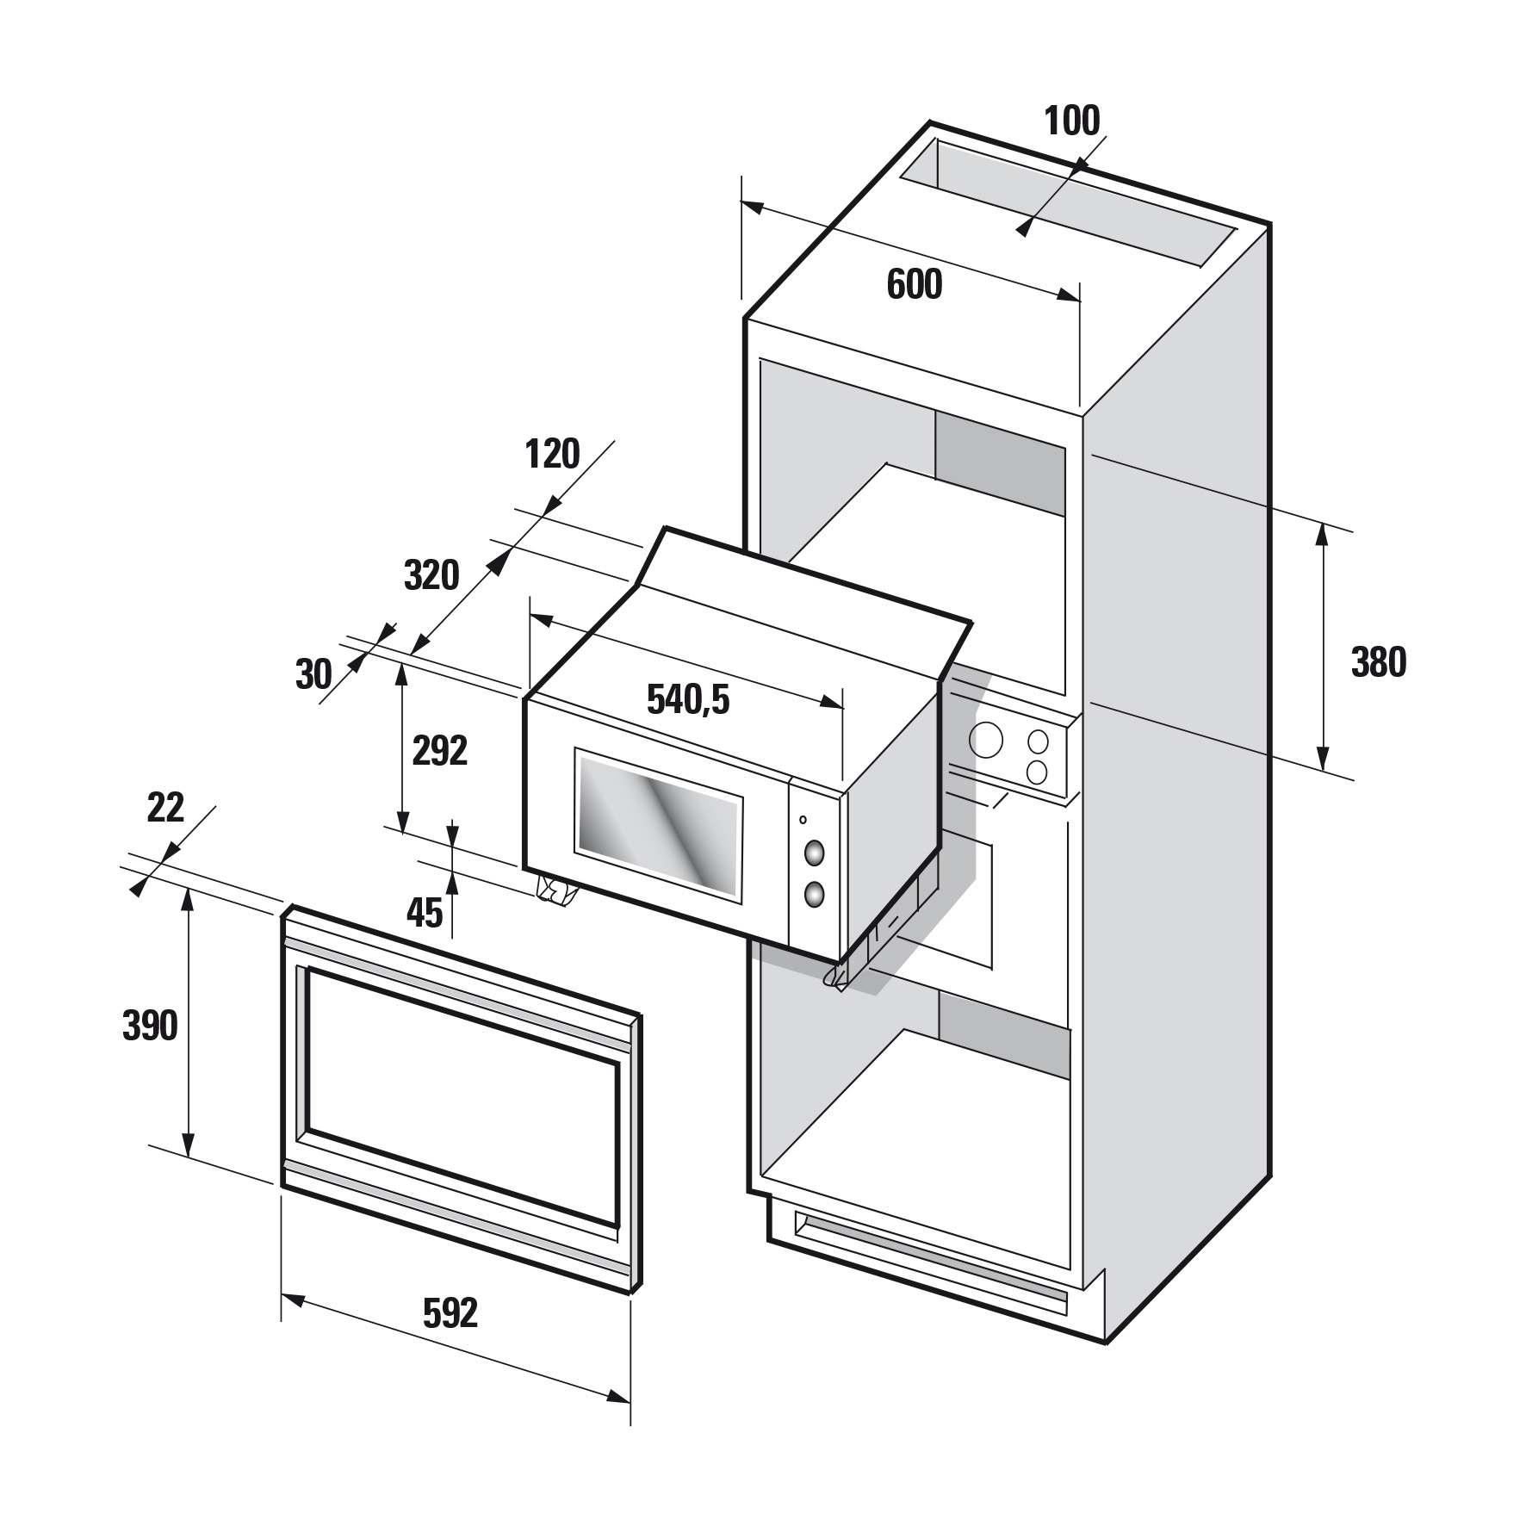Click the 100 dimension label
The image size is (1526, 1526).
click(1072, 121)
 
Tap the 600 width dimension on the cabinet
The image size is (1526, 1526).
click(915, 285)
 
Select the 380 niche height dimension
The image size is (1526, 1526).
click(1378, 662)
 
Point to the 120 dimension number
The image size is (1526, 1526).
click(552, 453)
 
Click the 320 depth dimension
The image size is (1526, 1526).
click(431, 574)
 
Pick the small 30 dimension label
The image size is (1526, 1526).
click(313, 674)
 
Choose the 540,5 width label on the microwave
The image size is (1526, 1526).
click(688, 700)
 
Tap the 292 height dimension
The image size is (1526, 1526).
click(439, 751)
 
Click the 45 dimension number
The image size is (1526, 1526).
click(424, 913)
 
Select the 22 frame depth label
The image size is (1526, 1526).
click(165, 808)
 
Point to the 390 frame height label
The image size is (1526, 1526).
click(150, 1026)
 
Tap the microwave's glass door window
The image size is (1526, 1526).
click(659, 828)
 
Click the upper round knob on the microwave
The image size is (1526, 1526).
click(813, 853)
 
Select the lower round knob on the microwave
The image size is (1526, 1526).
click(813, 896)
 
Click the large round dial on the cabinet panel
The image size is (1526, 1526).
click(986, 738)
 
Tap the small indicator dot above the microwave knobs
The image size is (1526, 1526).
click(803, 820)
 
